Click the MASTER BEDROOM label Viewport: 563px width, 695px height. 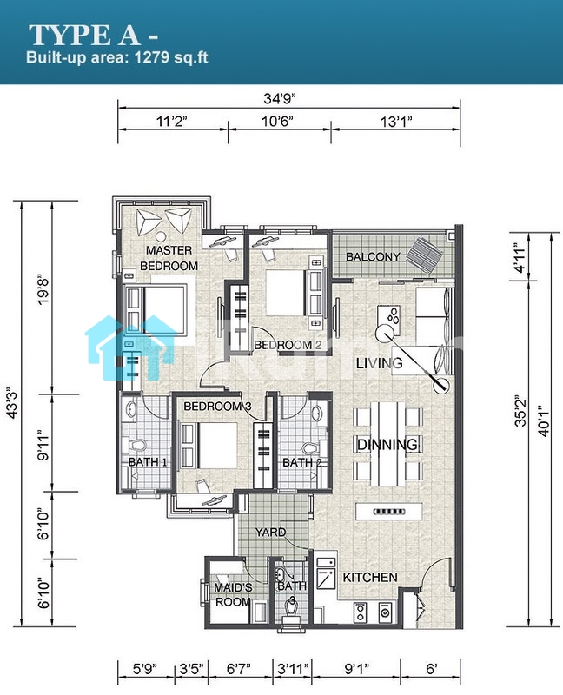coord(169,258)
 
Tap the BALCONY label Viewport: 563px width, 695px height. coord(373,256)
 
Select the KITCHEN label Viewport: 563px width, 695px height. coord(370,577)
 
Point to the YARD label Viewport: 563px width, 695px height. coord(270,532)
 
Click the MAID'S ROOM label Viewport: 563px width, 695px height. coord(233,595)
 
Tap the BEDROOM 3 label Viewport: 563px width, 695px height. coord(218,406)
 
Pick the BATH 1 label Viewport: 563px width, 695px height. coord(148,462)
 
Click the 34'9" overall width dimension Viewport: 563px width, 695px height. coord(279,98)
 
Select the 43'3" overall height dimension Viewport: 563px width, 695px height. coord(11,402)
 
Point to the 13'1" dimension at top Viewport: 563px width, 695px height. coord(396,121)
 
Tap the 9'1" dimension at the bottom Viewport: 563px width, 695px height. coord(356,668)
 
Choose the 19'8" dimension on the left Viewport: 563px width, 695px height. coord(43,291)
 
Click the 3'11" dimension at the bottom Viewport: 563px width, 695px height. coord(293,668)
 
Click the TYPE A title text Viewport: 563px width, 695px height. coord(83,35)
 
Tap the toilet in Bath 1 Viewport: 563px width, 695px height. coord(139,444)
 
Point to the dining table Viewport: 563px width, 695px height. coord(387,444)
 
